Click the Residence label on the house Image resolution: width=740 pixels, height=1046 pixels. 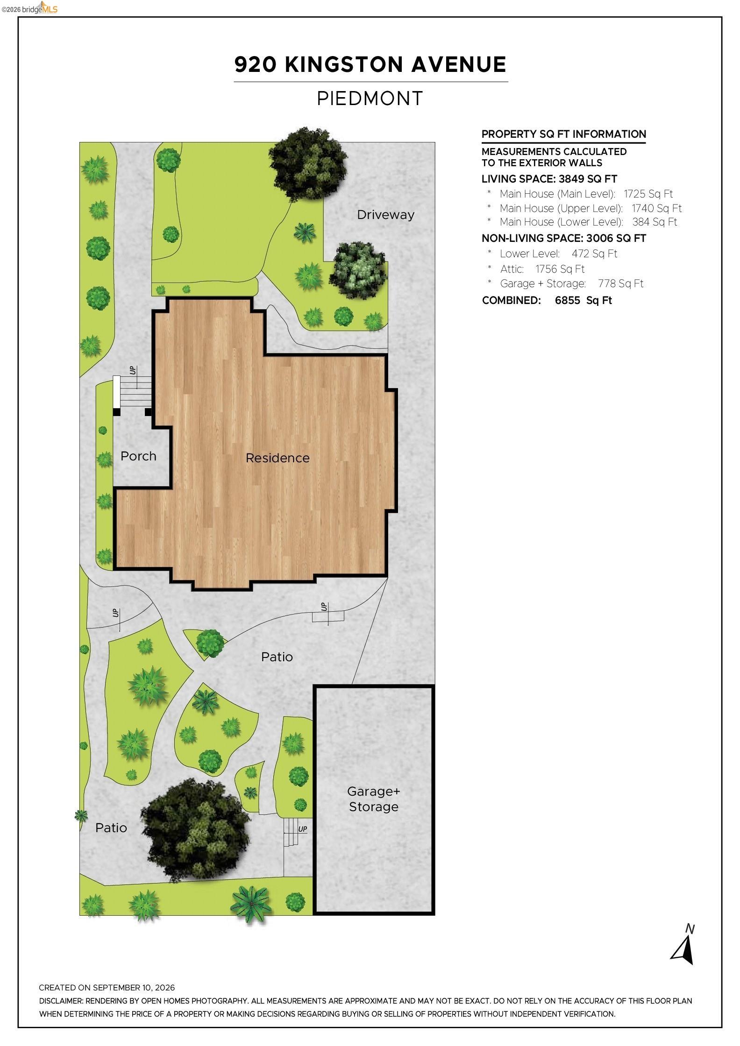277,458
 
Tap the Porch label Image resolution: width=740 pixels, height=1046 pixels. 138,456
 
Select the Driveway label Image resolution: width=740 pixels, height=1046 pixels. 385,215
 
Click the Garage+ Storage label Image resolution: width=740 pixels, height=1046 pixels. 374,799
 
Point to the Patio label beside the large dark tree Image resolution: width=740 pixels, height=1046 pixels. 111,827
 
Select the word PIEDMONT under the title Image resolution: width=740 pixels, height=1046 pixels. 370,99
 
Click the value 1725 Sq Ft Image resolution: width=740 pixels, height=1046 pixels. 648,194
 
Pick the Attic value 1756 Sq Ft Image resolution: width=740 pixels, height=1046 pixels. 560,269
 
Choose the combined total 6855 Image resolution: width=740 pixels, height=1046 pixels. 568,300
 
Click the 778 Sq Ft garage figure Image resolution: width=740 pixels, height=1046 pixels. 620,283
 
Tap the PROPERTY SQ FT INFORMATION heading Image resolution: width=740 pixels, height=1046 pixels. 564,134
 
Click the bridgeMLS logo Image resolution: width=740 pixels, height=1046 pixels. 29,8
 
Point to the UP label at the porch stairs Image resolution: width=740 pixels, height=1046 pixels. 133,370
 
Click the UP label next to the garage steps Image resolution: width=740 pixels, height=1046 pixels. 303,829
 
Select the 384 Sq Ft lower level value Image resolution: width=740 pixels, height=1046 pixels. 655,222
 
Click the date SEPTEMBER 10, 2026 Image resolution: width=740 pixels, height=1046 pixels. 134,988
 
